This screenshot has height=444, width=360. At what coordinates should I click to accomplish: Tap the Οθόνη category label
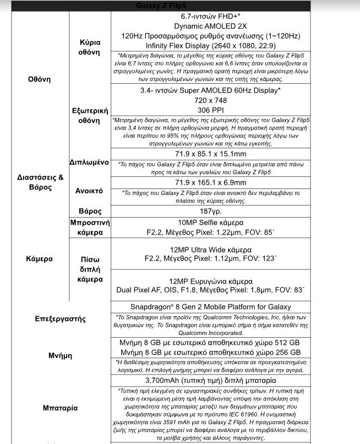coord(39,79)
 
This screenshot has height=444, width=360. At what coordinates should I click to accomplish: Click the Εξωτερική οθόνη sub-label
coord(90,115)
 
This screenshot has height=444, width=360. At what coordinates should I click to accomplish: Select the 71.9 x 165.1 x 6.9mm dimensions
coord(210,182)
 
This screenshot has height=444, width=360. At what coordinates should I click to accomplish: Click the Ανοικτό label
coord(89,191)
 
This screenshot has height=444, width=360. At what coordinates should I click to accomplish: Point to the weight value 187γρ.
coord(210,212)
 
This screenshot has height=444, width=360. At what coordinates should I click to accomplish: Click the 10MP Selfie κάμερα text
coord(206,223)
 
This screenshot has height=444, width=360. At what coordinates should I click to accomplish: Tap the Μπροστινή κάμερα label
coord(90,228)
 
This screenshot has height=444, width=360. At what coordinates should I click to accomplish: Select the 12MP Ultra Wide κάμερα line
coord(206,249)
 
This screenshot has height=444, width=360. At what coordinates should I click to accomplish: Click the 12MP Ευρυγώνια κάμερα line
coord(206,280)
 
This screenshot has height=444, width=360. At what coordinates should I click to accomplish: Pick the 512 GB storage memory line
coord(210,343)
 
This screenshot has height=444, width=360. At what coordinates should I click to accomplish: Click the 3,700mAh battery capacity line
coord(210,381)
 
